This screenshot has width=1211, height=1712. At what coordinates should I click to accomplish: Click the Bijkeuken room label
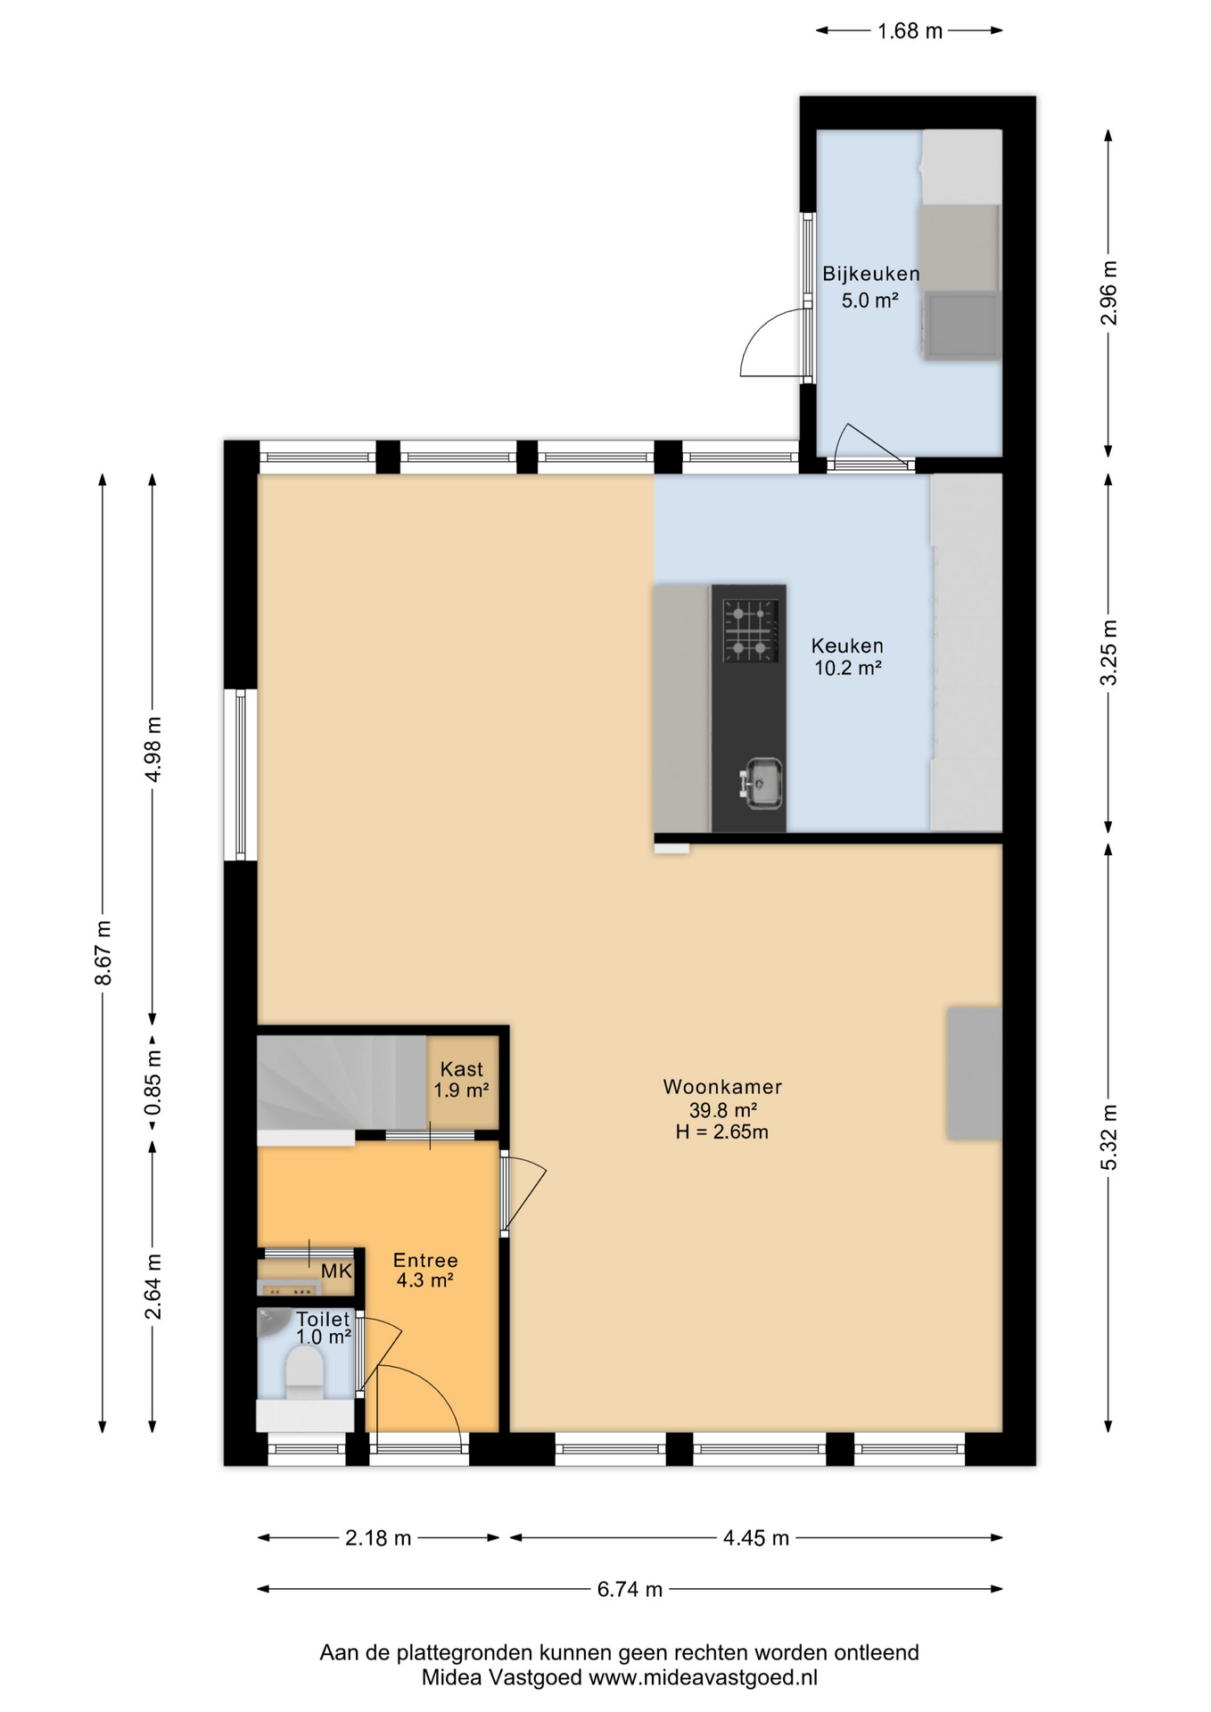870,274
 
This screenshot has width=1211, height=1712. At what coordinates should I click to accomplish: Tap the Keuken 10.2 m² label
847,656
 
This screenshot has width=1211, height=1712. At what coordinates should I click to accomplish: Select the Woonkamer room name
722,1087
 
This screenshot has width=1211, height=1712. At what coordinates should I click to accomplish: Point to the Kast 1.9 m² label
461,1079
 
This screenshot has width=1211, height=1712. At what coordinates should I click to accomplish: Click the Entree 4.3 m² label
425,1270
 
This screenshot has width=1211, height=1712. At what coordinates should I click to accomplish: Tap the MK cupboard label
336,1272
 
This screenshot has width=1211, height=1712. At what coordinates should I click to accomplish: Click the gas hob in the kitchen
750,630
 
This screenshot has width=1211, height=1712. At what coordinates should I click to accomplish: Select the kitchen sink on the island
760,784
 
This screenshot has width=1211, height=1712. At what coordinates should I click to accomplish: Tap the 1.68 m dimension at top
910,31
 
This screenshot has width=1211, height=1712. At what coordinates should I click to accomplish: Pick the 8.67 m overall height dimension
103,952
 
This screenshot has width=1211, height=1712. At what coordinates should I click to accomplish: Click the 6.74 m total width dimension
630,1589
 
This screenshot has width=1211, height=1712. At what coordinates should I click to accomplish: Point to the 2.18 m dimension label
378,1538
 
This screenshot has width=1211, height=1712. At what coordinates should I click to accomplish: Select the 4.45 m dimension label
756,1538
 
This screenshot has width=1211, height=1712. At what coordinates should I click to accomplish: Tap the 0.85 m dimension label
153,1082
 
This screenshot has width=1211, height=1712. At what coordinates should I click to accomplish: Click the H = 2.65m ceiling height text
722,1132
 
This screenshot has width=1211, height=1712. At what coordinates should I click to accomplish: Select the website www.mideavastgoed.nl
703,1677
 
